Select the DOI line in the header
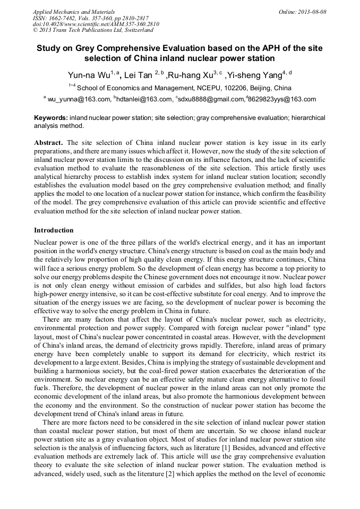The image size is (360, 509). click(x=96, y=24)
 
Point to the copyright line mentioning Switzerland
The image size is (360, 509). click(x=93, y=31)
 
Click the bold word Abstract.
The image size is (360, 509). click(x=48, y=143)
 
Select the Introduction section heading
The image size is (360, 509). click(x=54, y=230)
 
